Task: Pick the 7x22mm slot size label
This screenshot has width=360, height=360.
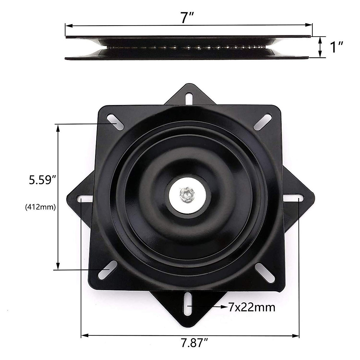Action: tap(252, 307)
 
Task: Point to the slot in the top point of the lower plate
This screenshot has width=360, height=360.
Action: tap(189, 98)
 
